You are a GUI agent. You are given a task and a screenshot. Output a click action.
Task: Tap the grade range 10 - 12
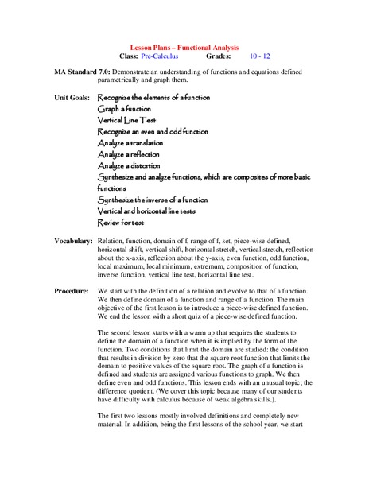coord(259,57)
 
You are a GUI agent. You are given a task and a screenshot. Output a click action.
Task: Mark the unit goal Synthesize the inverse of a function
coord(153,200)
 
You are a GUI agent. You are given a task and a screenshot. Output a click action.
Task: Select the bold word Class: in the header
coord(127,57)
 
